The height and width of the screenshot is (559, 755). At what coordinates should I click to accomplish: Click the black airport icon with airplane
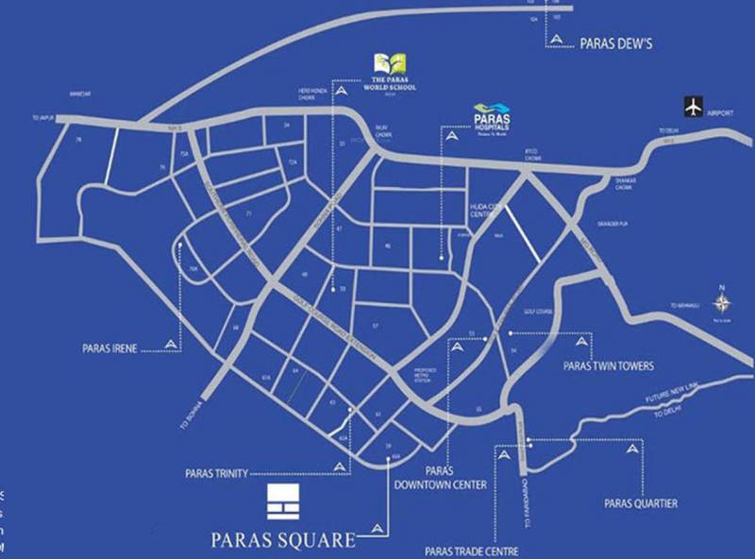tap(696, 107)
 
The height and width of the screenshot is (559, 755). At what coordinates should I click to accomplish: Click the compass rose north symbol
tap(722, 302)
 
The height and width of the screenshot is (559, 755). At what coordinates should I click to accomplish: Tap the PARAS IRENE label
tap(110, 347)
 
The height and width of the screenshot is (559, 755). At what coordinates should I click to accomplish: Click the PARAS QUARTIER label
tap(641, 503)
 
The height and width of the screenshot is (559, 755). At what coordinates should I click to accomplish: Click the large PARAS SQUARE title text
tap(282, 541)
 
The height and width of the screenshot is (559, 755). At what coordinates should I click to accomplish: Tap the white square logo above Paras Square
tap(282, 502)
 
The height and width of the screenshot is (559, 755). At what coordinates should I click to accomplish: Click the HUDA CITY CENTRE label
tap(489, 210)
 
